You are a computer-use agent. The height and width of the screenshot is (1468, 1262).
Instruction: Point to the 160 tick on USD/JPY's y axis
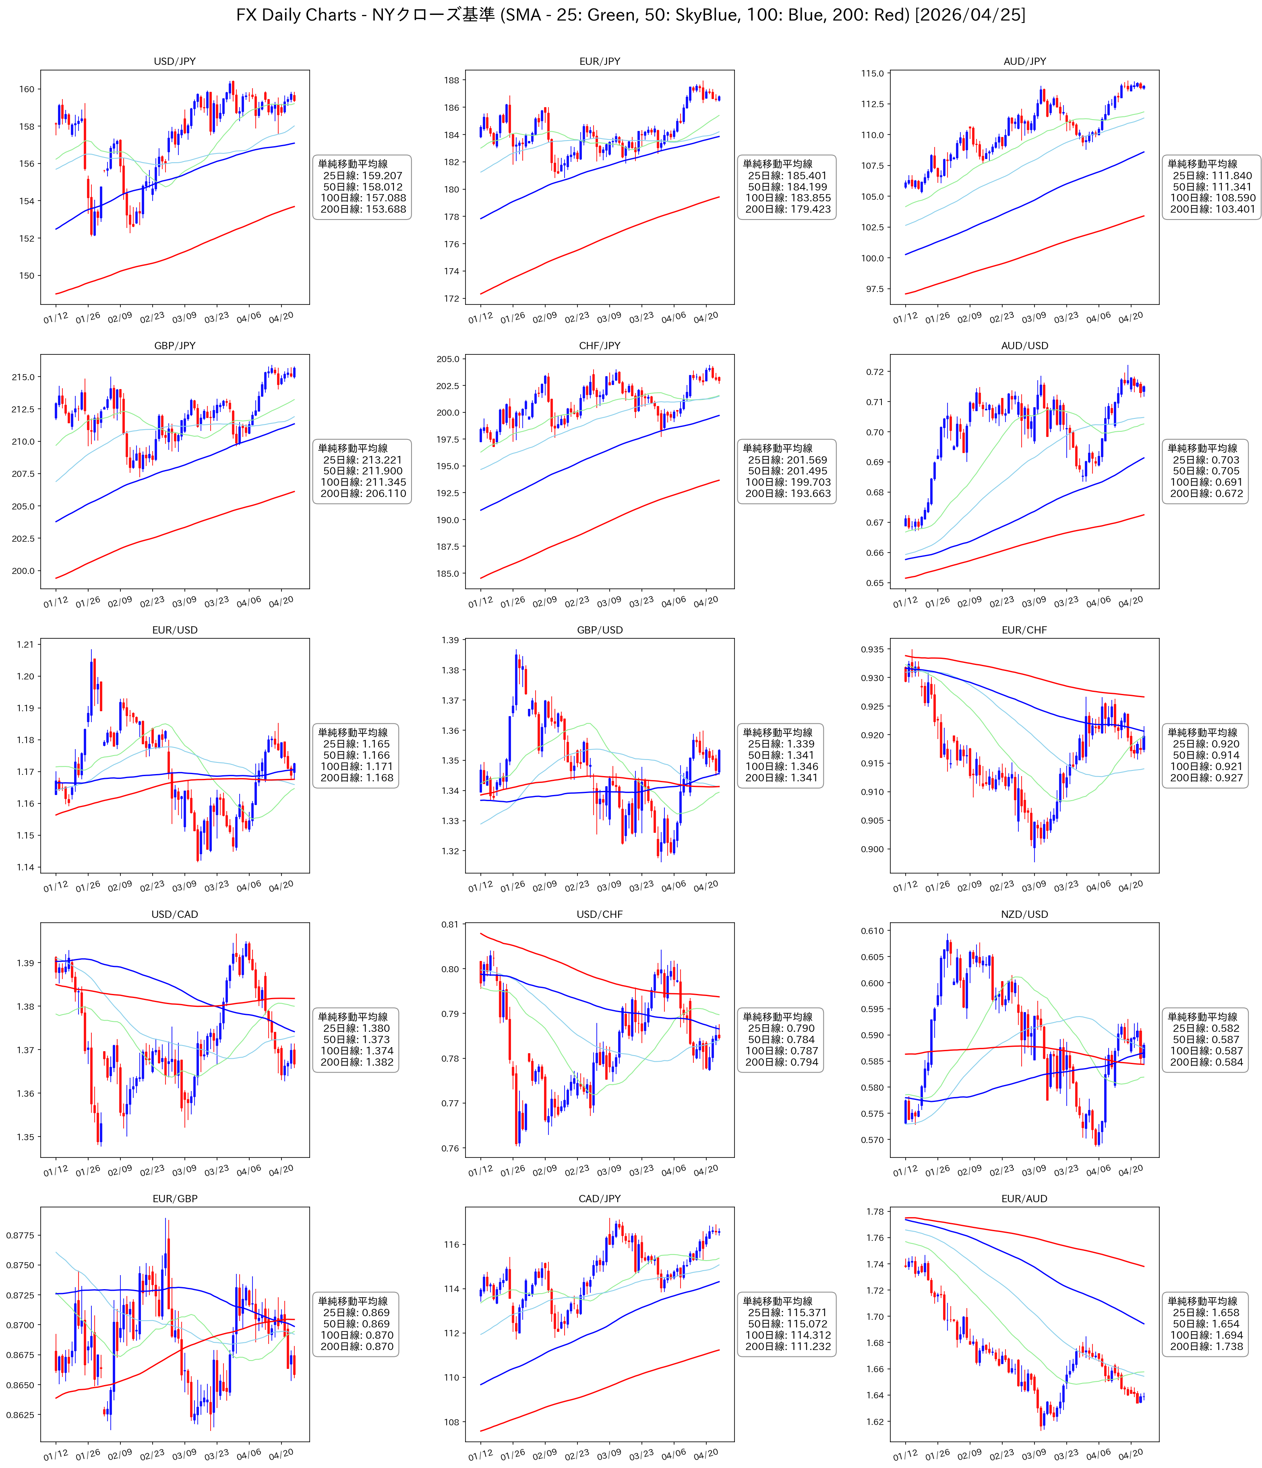click(x=26, y=89)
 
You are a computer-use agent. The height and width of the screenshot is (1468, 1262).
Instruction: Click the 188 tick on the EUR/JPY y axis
click(x=451, y=80)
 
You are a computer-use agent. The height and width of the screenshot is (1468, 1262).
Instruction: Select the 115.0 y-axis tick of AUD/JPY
click(x=872, y=74)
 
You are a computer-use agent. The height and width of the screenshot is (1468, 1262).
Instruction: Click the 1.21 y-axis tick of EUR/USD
click(x=25, y=645)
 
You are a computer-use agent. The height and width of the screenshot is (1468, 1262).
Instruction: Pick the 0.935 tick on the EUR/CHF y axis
click(x=872, y=650)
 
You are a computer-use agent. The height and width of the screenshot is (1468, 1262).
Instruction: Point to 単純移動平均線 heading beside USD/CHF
click(x=778, y=1017)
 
